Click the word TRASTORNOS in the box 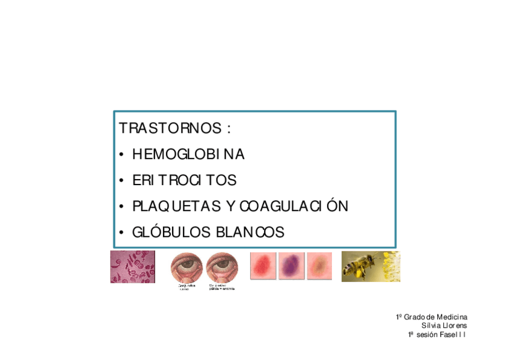pos(170,129)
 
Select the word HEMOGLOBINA pos(188,154)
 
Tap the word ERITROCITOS pos(184,180)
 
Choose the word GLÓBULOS pos(171,232)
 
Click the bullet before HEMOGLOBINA pos(121,155)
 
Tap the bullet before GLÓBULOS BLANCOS pos(121,233)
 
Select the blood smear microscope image pos(132,267)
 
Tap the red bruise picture pos(263,266)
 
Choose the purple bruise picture pos(291,266)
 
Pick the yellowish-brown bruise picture pos(319,266)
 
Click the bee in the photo pos(361,264)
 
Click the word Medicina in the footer pos(452,317)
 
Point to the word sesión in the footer pos(428,334)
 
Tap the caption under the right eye pos(221,287)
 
